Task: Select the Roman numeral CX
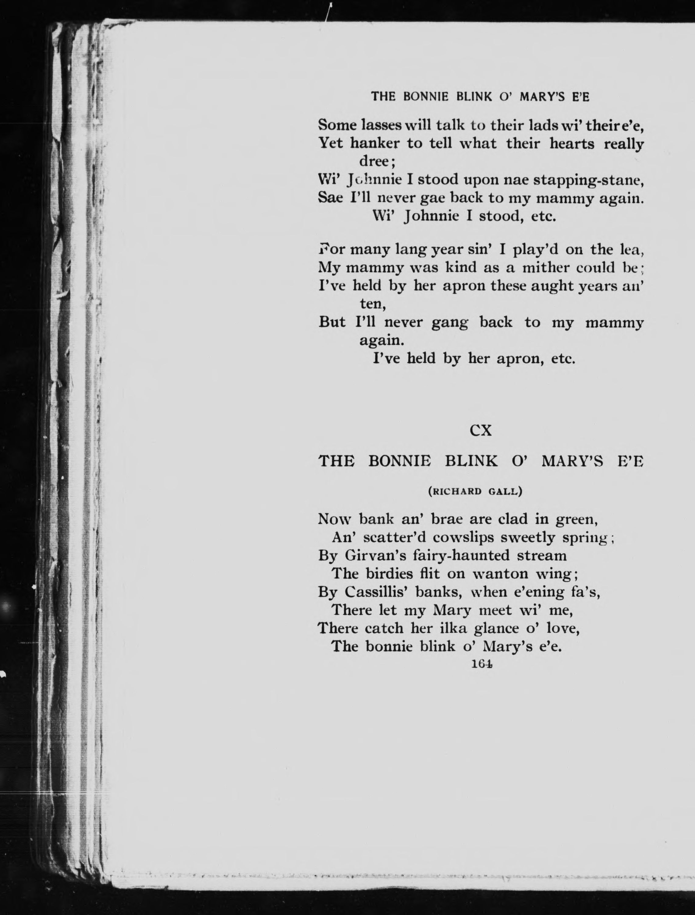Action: [480, 431]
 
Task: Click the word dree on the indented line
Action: [376, 161]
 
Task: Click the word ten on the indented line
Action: [372, 304]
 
